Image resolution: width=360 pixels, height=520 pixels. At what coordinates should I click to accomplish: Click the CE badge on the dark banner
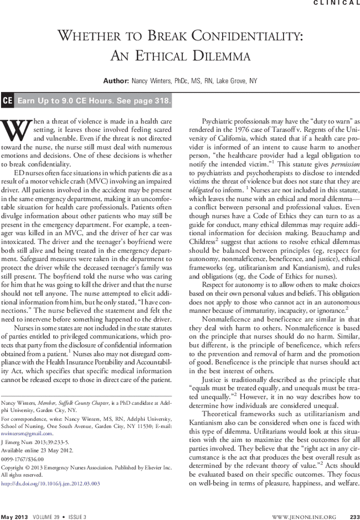point(8,101)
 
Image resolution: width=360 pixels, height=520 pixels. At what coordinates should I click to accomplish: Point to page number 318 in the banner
point(162,101)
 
